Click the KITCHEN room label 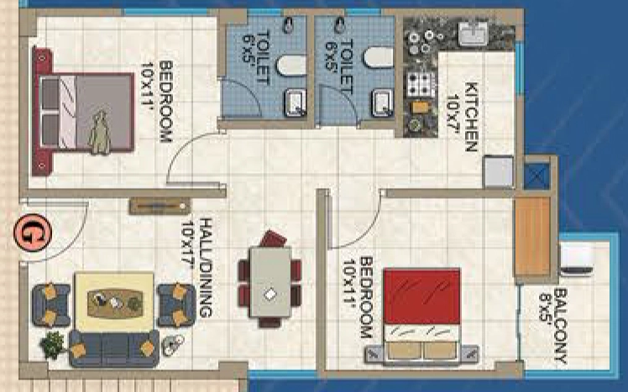tap(471, 117)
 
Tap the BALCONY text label tap(561, 327)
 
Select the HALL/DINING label tap(205, 268)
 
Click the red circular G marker tap(33, 233)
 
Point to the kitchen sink tap(474, 34)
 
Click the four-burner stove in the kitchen tap(421, 85)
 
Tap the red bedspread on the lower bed tap(421, 296)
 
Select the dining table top tap(270, 282)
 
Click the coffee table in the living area tap(115, 303)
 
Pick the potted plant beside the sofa tap(53, 345)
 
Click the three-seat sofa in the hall tap(114, 348)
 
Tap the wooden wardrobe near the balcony tap(532, 236)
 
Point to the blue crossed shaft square tap(537, 176)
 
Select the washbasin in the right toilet tap(382, 103)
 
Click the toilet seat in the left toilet tap(291, 65)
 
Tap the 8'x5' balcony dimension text tap(545, 307)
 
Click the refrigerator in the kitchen tap(498, 171)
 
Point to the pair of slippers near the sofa tap(173, 344)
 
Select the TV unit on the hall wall tap(160, 206)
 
